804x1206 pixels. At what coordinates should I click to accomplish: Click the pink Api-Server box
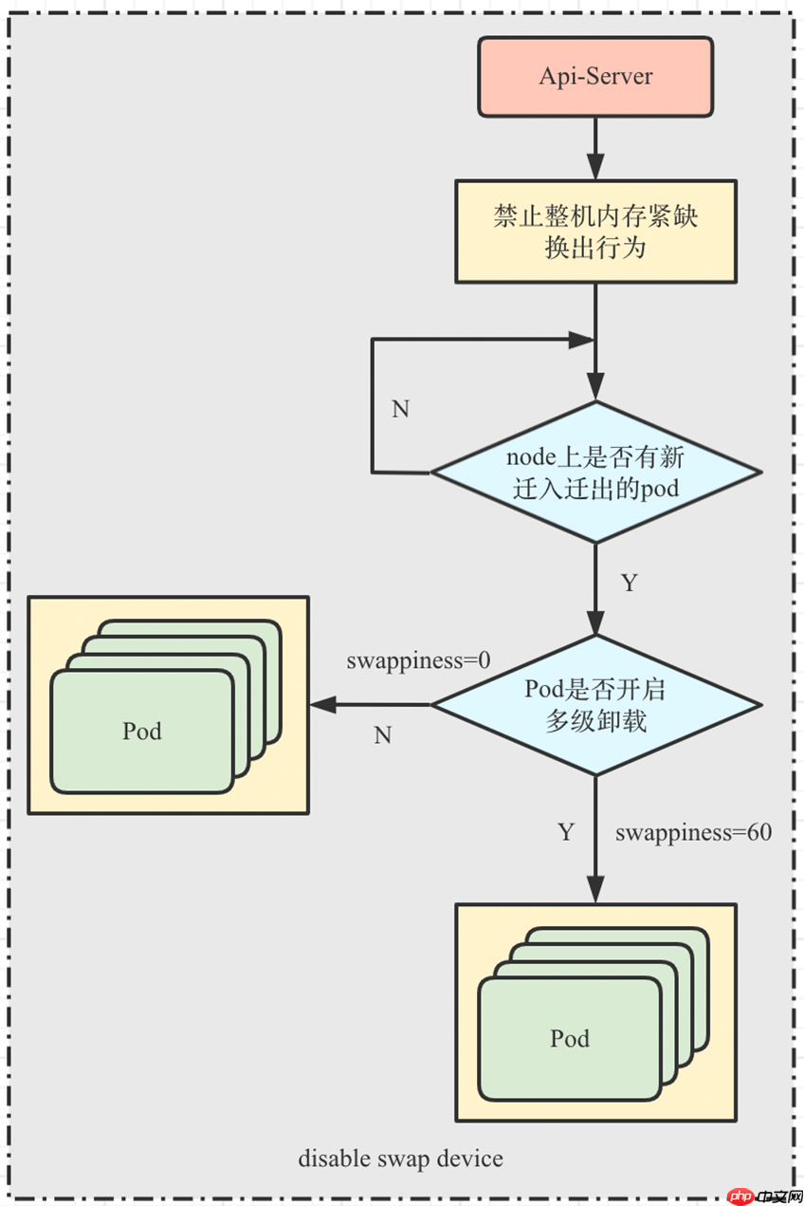(595, 77)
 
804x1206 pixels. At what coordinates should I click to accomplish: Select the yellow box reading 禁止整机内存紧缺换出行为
(595, 231)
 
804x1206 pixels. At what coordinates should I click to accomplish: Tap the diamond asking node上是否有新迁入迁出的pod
(595, 472)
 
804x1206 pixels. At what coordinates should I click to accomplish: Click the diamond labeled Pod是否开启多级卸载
(595, 705)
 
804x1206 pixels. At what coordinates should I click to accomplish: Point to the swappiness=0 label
(418, 660)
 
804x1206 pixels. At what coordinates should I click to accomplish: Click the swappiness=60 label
(693, 833)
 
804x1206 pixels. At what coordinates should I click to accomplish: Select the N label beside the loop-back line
(400, 409)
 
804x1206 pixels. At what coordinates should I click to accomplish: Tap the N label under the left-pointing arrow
(382, 735)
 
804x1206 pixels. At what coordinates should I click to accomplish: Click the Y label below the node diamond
(628, 583)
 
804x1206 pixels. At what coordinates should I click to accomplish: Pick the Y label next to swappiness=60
(565, 833)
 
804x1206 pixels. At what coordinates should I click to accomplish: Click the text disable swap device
(400, 1159)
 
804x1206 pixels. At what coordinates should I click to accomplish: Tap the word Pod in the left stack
(142, 731)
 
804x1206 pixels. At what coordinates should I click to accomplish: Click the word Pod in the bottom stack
(570, 1038)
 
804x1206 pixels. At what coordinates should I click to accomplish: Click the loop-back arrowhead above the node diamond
(581, 340)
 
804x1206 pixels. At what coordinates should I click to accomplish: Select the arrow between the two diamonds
(595, 588)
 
